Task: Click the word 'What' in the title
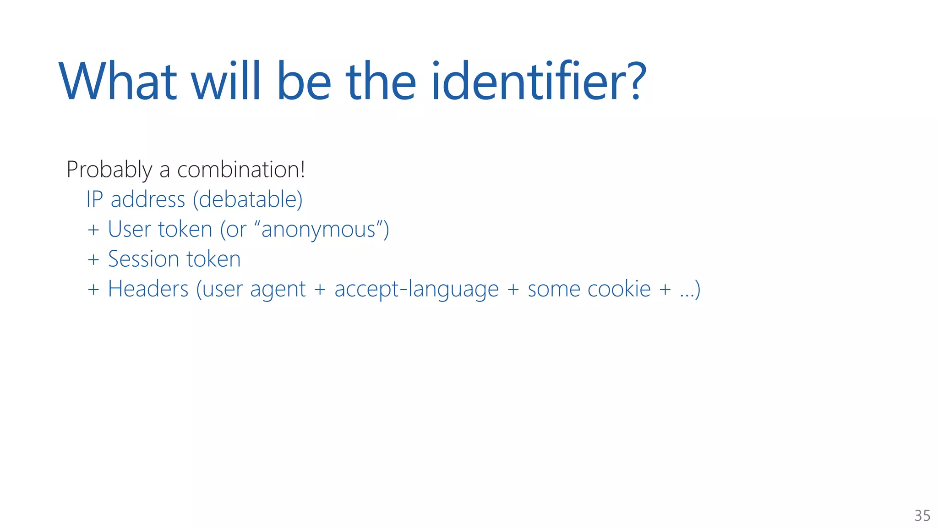click(118, 82)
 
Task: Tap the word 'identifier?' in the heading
click(539, 82)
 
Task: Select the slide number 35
click(922, 516)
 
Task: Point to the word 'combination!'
click(241, 170)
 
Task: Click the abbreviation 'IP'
click(94, 199)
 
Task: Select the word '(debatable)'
click(248, 200)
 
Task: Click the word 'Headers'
click(148, 289)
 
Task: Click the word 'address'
click(148, 200)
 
